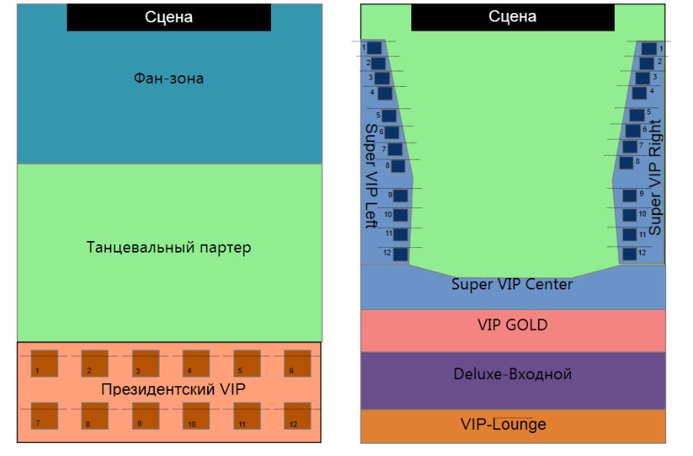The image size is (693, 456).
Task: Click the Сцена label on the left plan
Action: pyautogui.click(x=169, y=17)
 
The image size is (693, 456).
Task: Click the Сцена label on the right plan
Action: pyautogui.click(x=513, y=17)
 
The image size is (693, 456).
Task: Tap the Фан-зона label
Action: pyautogui.click(x=169, y=78)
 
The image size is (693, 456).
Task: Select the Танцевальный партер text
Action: pyautogui.click(x=169, y=248)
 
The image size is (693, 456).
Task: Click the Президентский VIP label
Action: pyautogui.click(x=173, y=389)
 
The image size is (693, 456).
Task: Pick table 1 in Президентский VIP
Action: pyautogui.click(x=45, y=363)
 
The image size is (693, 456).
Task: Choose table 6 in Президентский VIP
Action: pyautogui.click(x=297, y=363)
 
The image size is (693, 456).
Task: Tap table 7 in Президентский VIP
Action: pyautogui.click(x=45, y=415)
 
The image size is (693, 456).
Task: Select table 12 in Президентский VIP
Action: pyautogui.click(x=297, y=415)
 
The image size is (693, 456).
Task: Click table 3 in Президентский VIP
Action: pyautogui.click(x=145, y=363)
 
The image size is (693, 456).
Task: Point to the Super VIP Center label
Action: pyautogui.click(x=512, y=285)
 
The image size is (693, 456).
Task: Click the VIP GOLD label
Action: pyautogui.click(x=513, y=325)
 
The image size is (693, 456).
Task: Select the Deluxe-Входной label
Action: pyautogui.click(x=513, y=375)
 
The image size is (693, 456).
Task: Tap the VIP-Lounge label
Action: pyautogui.click(x=503, y=425)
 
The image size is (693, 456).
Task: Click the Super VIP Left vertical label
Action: pyautogui.click(x=371, y=176)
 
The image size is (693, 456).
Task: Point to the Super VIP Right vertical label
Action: pyautogui.click(x=655, y=177)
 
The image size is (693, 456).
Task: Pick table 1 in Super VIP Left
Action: pyautogui.click(x=375, y=48)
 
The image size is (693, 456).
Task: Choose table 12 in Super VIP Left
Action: pyautogui.click(x=401, y=253)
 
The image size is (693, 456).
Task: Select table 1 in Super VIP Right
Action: pyautogui.click(x=650, y=48)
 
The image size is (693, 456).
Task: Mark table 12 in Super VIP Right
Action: pyautogui.click(x=630, y=253)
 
